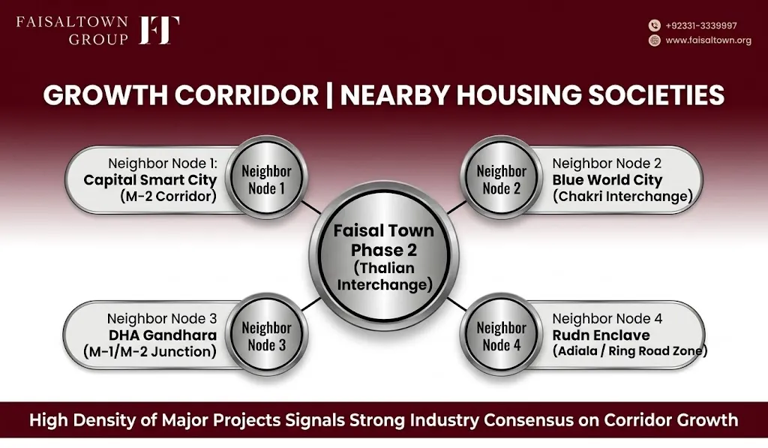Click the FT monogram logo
[159, 30]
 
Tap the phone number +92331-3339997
[701, 26]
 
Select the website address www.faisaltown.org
[708, 41]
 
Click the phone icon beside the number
[654, 26]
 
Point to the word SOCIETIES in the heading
[656, 95]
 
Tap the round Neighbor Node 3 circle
[266, 335]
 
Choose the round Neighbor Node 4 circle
[501, 335]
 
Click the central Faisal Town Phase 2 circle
[384, 257]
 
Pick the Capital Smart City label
[150, 180]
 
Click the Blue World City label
[607, 180]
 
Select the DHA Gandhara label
[163, 335]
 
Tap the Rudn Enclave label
[601, 335]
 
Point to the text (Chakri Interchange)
[622, 197]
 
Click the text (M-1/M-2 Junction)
[150, 351]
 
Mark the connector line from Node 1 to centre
[311, 207]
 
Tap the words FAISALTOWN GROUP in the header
[73, 30]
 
